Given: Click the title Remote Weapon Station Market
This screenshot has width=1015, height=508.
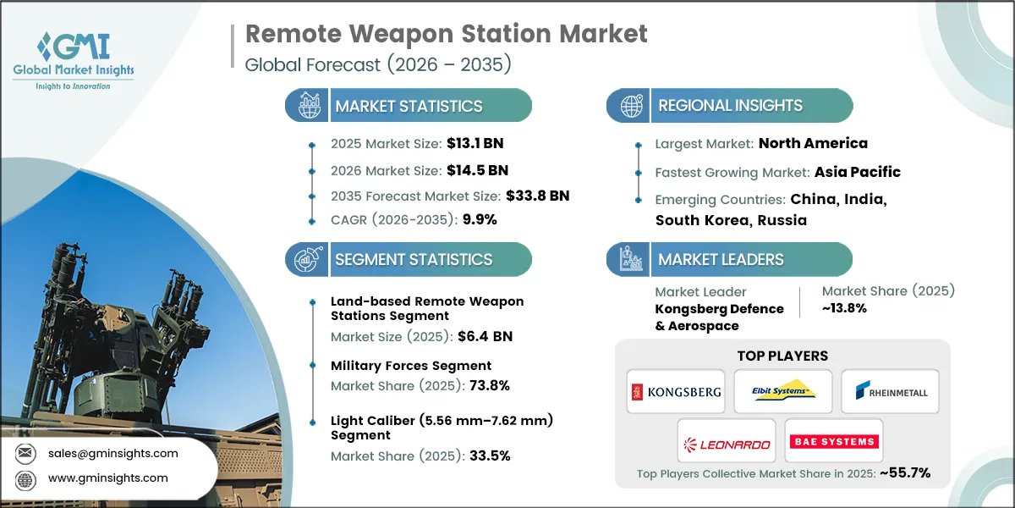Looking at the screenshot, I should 446,33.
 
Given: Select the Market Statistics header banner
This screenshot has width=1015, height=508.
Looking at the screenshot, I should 409,106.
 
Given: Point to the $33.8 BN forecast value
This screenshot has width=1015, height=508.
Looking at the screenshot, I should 537,196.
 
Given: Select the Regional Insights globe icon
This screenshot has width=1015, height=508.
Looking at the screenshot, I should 630,106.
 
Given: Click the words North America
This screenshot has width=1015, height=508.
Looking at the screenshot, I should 813,143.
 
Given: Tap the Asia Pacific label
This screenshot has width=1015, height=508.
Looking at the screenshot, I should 857,172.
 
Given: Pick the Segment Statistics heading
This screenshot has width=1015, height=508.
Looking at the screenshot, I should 413,259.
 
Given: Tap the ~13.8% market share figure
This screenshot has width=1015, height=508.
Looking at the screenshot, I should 844,309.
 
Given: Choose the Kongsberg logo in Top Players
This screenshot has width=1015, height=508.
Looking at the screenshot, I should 675,391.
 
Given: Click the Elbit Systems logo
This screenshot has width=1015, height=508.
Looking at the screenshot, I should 782,391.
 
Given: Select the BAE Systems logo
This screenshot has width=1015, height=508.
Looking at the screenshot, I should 833,440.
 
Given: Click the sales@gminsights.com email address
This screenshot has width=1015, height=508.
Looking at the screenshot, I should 114,453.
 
